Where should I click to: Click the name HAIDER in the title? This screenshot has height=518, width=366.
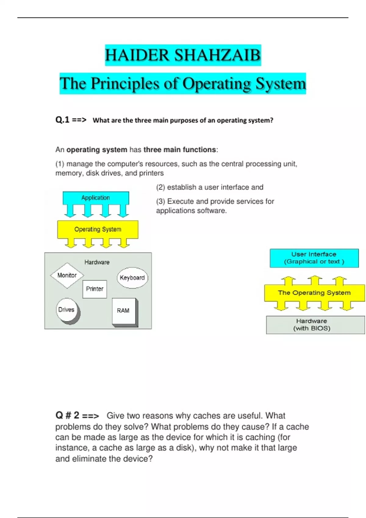point(137,55)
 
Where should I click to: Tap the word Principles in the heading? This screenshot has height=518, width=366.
point(125,83)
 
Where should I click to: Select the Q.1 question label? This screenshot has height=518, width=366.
point(62,120)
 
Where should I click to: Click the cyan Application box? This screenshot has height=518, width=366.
point(96,198)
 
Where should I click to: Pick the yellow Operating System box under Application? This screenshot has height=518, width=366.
point(98,229)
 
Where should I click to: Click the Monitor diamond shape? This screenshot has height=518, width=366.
point(67,275)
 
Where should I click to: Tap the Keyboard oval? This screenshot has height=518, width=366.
point(132,278)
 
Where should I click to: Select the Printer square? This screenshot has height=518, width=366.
point(95,289)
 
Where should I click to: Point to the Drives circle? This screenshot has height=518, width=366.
point(67,310)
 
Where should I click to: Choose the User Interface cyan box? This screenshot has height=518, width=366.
point(314,258)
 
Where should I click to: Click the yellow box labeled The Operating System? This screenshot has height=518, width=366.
point(314,293)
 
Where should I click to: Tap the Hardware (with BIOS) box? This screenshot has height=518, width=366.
point(315,325)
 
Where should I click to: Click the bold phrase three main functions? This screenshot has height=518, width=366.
point(180,150)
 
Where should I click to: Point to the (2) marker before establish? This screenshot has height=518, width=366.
point(160,187)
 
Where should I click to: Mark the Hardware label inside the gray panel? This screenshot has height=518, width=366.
point(97,262)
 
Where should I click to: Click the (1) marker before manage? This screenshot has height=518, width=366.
point(59,164)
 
